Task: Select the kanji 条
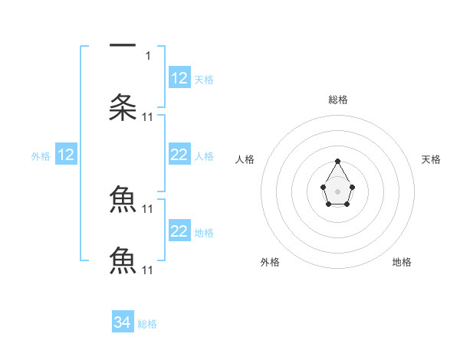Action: (123, 107)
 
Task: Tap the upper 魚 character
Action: (123, 199)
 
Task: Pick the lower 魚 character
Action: (123, 260)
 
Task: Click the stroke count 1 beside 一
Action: (149, 55)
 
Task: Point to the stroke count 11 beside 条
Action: (148, 116)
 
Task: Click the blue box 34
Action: (123, 322)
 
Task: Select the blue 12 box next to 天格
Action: (179, 78)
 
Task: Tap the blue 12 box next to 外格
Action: (66, 155)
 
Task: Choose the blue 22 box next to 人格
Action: (179, 155)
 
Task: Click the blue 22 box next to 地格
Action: (179, 231)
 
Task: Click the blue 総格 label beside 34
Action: (147, 324)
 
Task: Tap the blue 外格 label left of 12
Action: (41, 156)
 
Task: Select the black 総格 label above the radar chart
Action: (338, 100)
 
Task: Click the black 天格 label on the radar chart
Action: (432, 159)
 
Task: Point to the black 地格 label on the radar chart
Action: (402, 262)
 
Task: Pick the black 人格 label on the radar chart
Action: (245, 159)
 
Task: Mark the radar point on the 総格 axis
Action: (338, 161)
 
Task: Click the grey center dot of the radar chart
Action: (337, 191)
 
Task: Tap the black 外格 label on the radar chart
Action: (270, 262)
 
